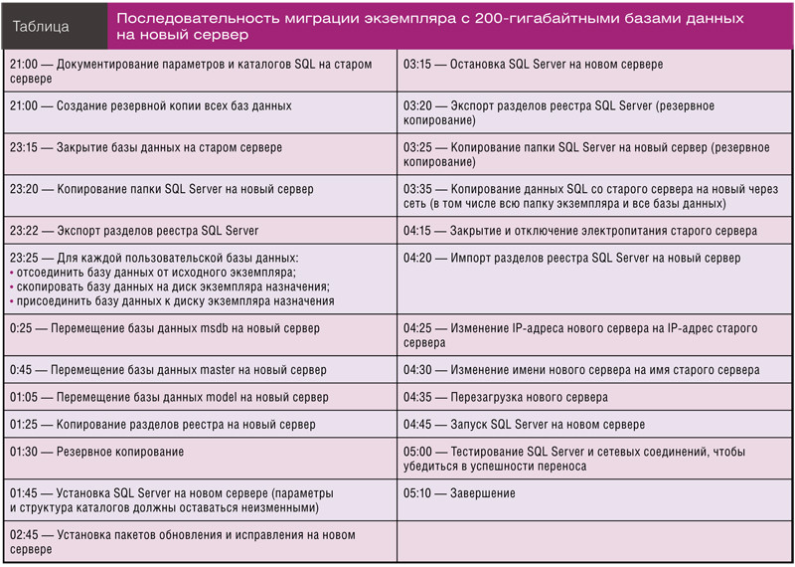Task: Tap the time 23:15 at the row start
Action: click(x=24, y=147)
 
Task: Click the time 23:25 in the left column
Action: click(x=24, y=258)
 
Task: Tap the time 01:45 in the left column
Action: click(x=24, y=493)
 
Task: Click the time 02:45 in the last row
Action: click(x=24, y=535)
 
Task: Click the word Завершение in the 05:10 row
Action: click(x=483, y=493)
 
